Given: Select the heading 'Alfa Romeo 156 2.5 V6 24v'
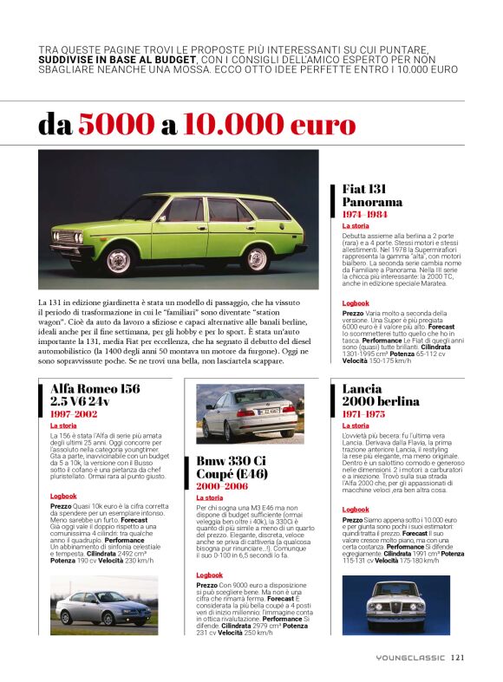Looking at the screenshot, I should click(x=95, y=395).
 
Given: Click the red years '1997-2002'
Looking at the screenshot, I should click(x=74, y=415).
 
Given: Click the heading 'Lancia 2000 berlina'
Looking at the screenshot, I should click(x=381, y=395).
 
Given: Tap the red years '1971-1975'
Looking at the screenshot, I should click(x=365, y=415).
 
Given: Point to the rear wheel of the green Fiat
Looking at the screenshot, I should click(x=256, y=258).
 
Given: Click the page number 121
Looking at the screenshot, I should click(x=458, y=657).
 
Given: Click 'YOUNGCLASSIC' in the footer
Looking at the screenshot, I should click(x=408, y=657).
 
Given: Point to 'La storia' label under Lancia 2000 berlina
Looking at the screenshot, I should click(x=356, y=425).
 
